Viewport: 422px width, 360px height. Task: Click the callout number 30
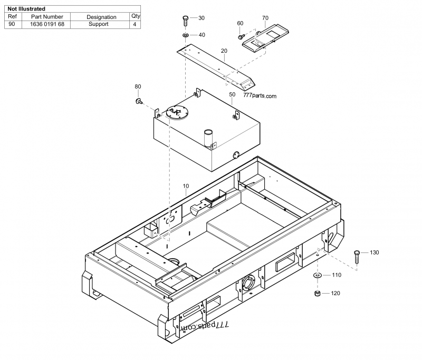point(202,18)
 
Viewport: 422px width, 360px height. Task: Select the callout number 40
point(202,35)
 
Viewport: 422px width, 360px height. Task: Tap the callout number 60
point(240,23)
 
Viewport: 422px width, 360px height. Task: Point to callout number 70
point(265,18)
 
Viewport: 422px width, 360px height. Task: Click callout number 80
point(138,86)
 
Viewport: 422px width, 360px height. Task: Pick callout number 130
point(374,253)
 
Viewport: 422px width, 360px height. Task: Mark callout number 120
point(335,293)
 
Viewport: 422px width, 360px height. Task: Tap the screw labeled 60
point(241,37)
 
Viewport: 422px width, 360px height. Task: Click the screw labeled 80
point(139,100)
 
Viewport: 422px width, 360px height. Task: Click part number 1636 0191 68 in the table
point(47,24)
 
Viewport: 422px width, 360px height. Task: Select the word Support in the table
point(99,24)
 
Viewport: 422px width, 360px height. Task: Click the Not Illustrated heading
point(26,9)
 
